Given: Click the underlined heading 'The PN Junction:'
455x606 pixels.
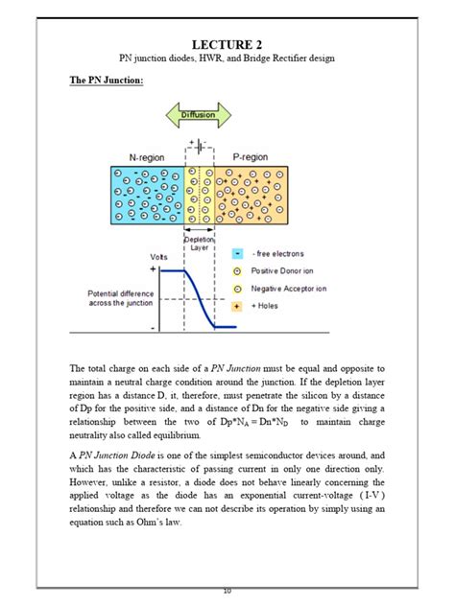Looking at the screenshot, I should pyautogui.click(x=106, y=81).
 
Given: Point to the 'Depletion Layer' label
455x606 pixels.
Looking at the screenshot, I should pyautogui.click(x=200, y=243).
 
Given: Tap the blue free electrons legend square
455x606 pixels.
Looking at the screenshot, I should pyautogui.click(x=236, y=254).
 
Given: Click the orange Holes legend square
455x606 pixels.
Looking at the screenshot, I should pyautogui.click(x=236, y=305).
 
